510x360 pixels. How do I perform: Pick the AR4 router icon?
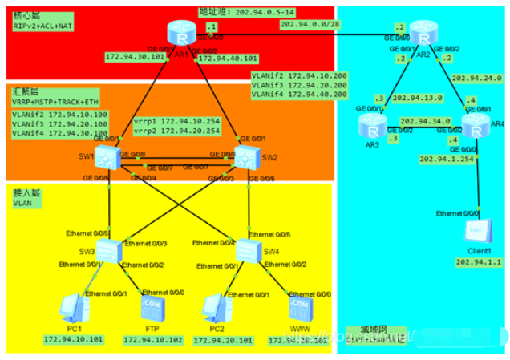(x=472, y=125)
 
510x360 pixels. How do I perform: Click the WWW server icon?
(x=298, y=307)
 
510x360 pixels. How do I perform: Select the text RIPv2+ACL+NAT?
(x=42, y=25)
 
